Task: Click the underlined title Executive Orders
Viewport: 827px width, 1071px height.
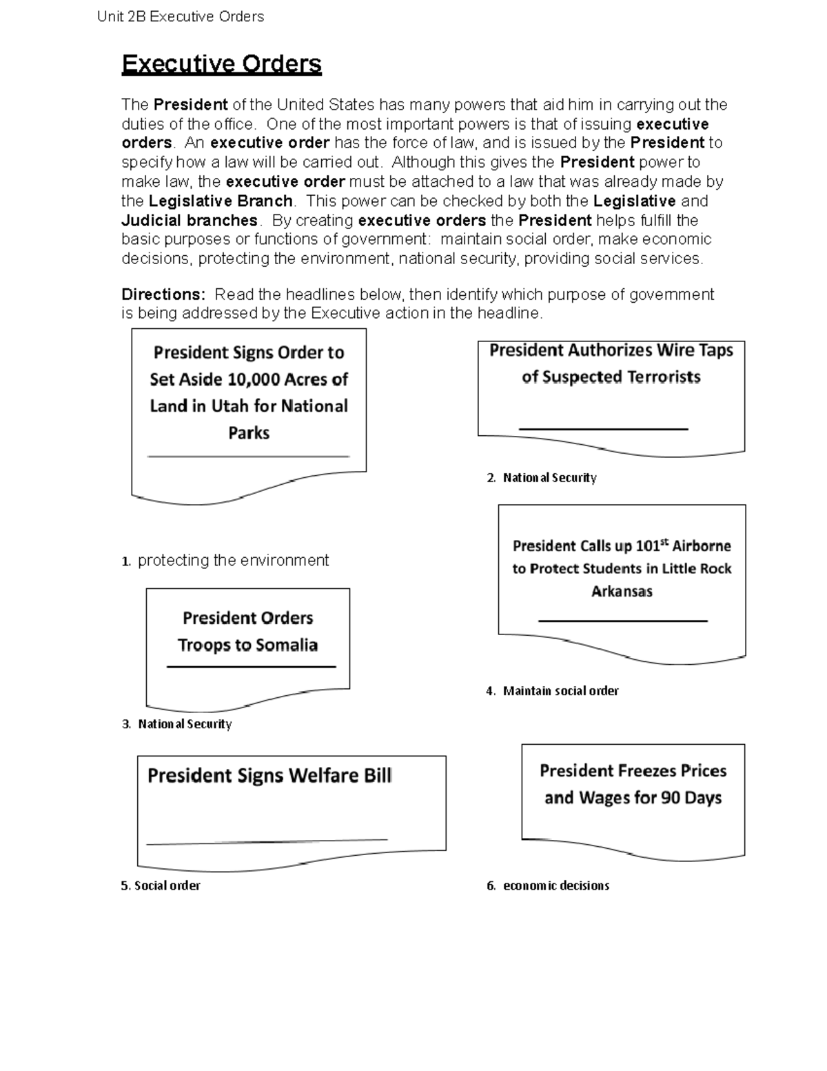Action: click(221, 64)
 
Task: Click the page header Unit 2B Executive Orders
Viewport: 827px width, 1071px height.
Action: click(181, 17)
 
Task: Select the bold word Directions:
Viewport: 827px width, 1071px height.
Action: click(163, 294)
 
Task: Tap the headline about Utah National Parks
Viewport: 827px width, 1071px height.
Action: click(249, 392)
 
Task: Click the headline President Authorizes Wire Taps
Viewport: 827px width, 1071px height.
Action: click(611, 363)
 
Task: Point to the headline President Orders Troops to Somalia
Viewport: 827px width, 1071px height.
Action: click(247, 632)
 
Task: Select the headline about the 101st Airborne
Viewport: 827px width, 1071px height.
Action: click(622, 568)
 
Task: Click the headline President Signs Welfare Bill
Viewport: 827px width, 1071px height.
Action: click(269, 776)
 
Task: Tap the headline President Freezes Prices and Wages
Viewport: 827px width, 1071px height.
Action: click(633, 784)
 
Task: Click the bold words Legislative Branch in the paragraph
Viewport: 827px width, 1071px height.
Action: click(221, 201)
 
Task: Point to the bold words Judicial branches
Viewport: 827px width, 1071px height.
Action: click(190, 221)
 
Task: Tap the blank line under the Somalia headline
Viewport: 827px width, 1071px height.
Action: click(251, 667)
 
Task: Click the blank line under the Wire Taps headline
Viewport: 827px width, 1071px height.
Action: click(603, 429)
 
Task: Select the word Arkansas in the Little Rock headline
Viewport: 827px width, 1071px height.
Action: click(622, 592)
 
